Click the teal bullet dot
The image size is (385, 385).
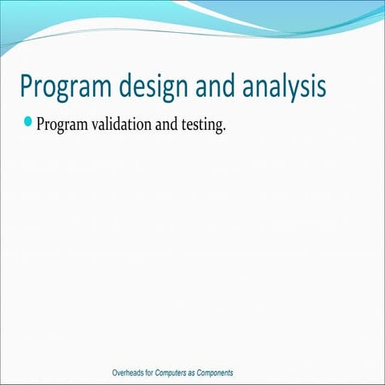(x=29, y=123)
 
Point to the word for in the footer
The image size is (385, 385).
(x=150, y=374)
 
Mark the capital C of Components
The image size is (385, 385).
(x=205, y=374)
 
